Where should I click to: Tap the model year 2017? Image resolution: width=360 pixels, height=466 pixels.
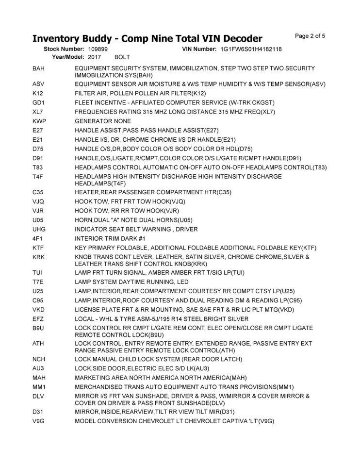coord(95,57)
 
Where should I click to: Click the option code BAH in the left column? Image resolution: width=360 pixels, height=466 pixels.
coord(38,69)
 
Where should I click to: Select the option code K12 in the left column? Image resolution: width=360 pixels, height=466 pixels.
coord(38,93)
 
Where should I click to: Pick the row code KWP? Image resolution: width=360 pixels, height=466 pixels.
coord(39,121)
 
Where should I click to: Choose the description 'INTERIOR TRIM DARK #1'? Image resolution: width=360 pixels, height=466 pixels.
coord(110,238)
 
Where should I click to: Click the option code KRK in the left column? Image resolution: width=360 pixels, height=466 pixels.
coord(39,257)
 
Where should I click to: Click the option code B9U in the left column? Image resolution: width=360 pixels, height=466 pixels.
coord(38,328)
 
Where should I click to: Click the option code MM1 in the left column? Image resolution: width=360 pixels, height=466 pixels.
coord(39,387)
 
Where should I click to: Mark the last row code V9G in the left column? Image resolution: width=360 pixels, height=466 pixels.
coord(38,421)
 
